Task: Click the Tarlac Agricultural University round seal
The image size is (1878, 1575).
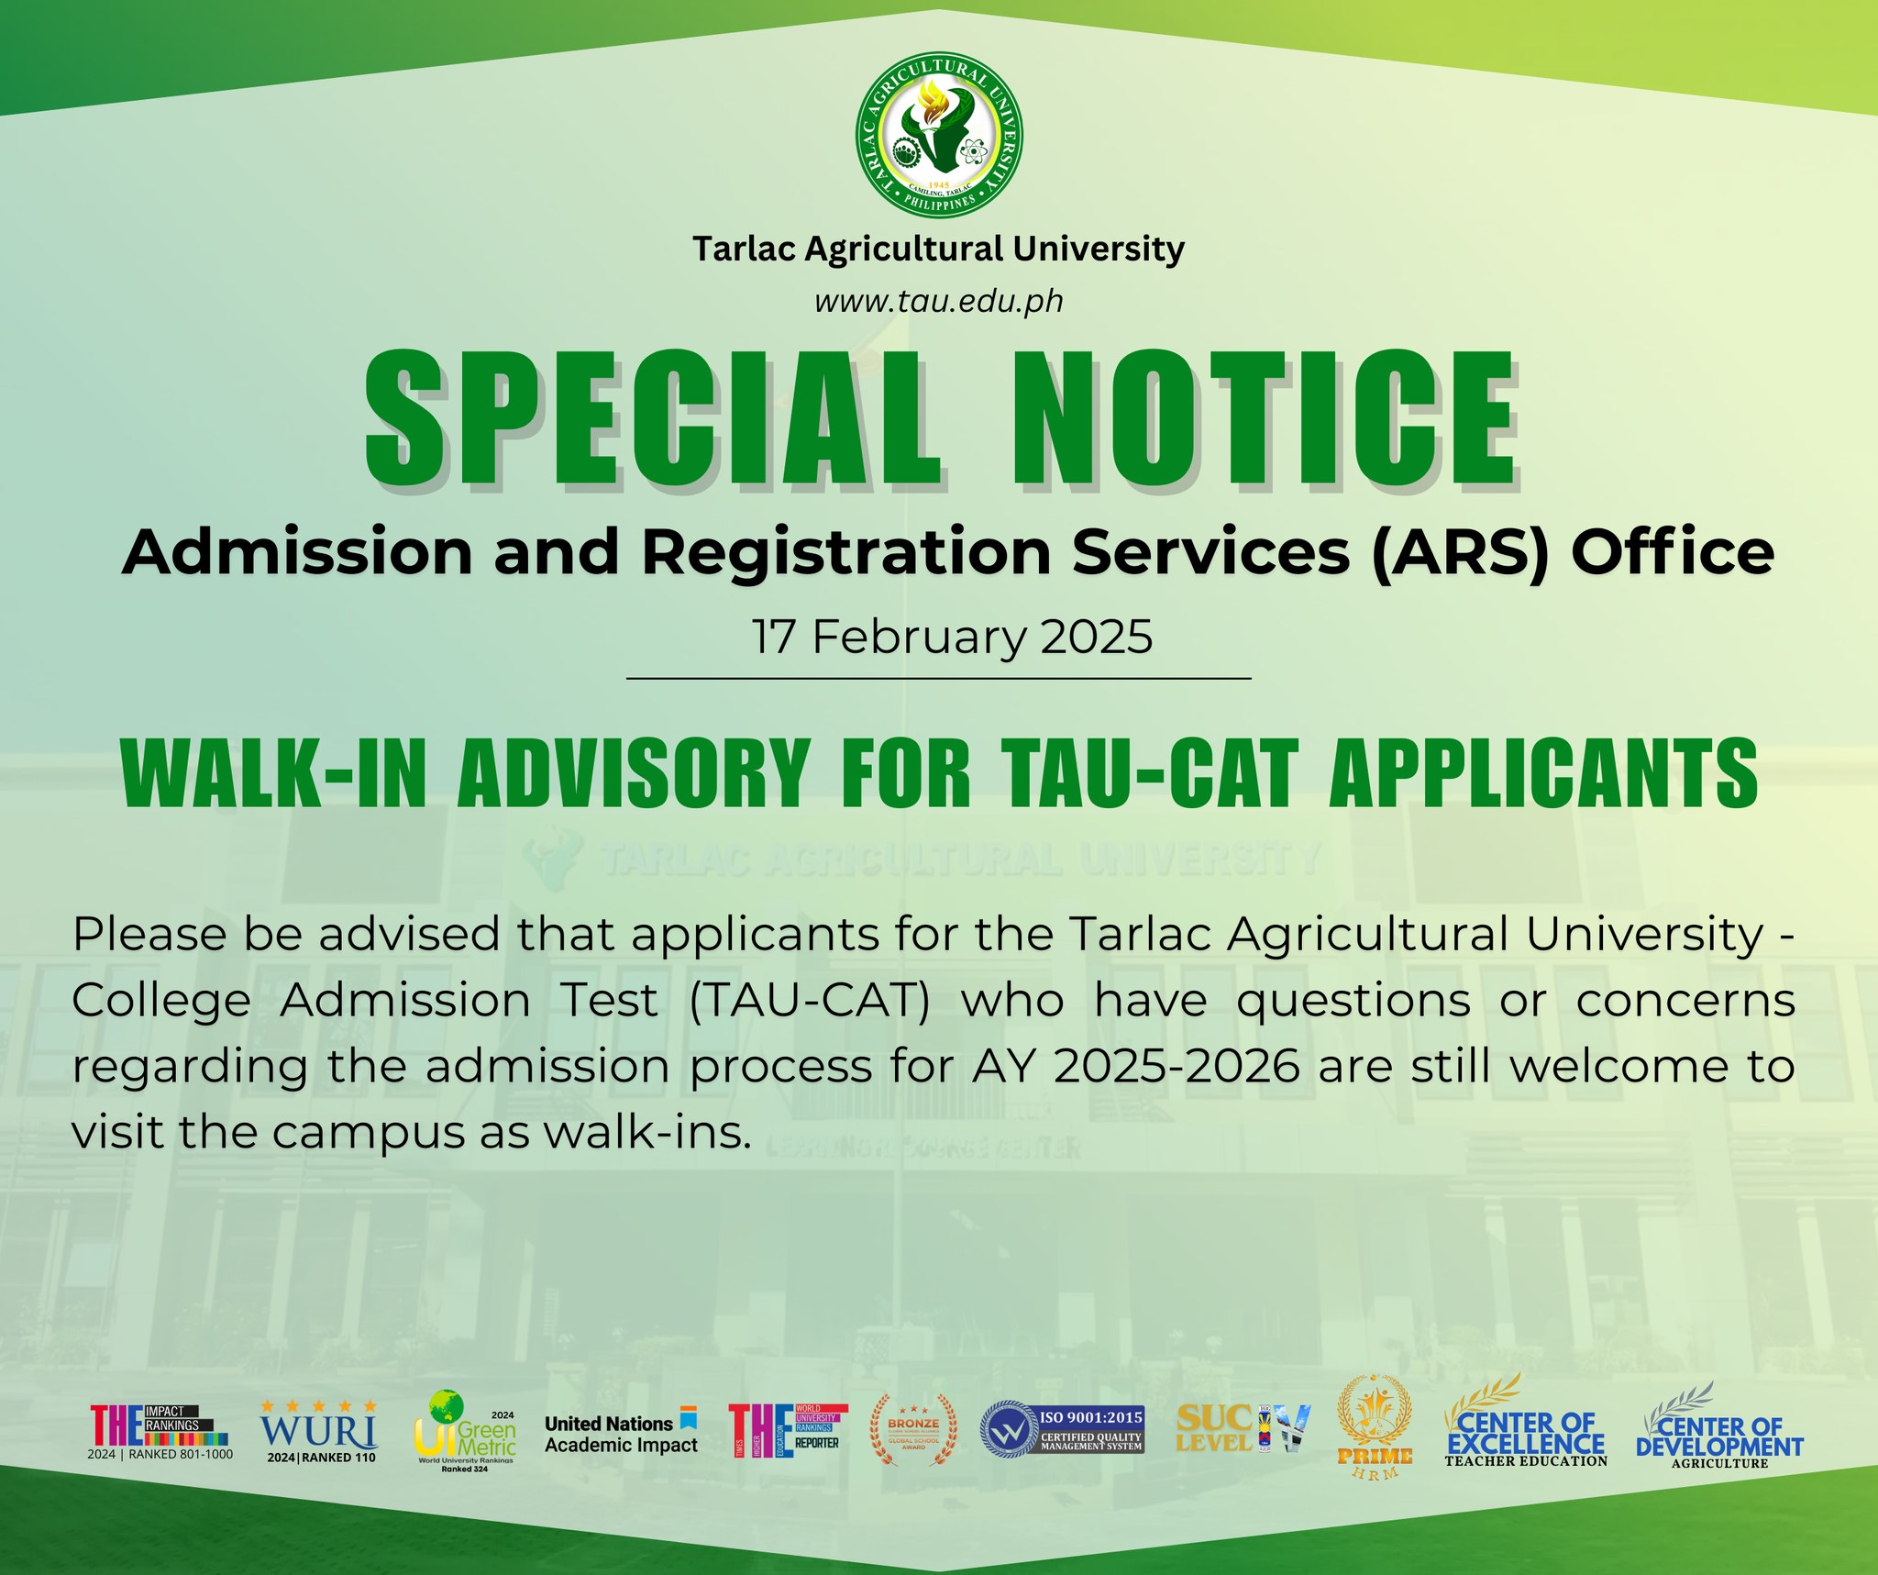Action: tap(939, 135)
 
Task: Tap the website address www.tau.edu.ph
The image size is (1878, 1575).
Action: tap(939, 301)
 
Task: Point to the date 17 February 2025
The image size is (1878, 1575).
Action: tap(952, 637)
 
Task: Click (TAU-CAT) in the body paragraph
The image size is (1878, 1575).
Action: tap(809, 1000)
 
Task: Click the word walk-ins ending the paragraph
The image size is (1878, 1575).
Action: tap(647, 1133)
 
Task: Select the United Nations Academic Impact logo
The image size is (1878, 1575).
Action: tap(621, 1433)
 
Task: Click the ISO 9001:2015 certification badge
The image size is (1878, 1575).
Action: tap(1062, 1431)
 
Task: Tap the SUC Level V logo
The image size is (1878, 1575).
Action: tap(1243, 1429)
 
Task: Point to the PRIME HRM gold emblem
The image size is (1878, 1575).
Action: tap(1374, 1427)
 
